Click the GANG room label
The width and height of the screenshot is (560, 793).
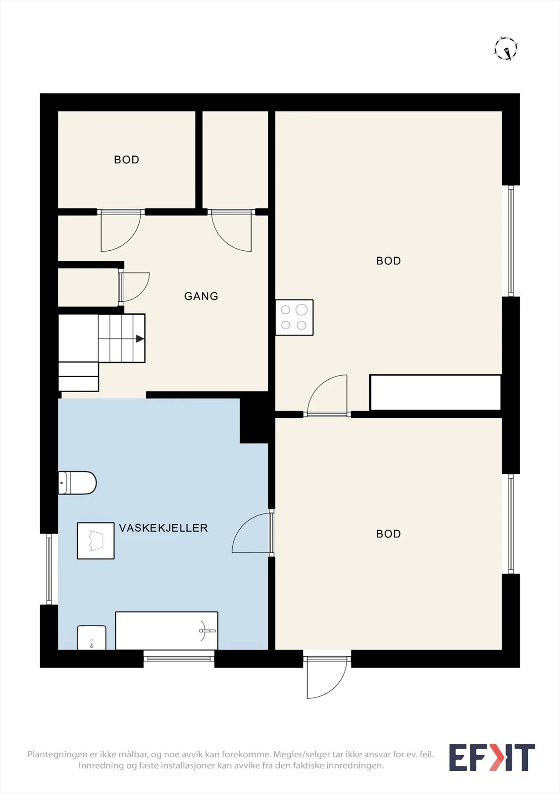point(201,296)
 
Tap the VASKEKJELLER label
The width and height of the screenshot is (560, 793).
point(163,528)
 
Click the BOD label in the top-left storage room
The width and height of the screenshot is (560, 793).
point(127,160)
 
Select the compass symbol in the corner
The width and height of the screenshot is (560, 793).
point(506,48)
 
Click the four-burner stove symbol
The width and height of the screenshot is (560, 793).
point(294,318)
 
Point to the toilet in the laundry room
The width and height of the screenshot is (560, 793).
point(77,483)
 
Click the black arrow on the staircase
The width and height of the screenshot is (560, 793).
point(140,339)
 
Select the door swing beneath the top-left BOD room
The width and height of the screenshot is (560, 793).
point(121,230)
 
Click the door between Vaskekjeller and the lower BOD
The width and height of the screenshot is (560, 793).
point(251,533)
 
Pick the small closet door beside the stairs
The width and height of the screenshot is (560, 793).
point(134,287)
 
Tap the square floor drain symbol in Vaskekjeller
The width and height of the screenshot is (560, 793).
point(96,541)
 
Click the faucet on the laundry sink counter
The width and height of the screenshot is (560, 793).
point(206,630)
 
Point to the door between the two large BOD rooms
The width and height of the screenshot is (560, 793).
point(327,396)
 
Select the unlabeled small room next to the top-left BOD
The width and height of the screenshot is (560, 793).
point(235,160)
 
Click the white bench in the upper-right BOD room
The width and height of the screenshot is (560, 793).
point(435,392)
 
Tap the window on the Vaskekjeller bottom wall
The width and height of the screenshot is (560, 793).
point(179,659)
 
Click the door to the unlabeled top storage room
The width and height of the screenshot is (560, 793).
point(231,230)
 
